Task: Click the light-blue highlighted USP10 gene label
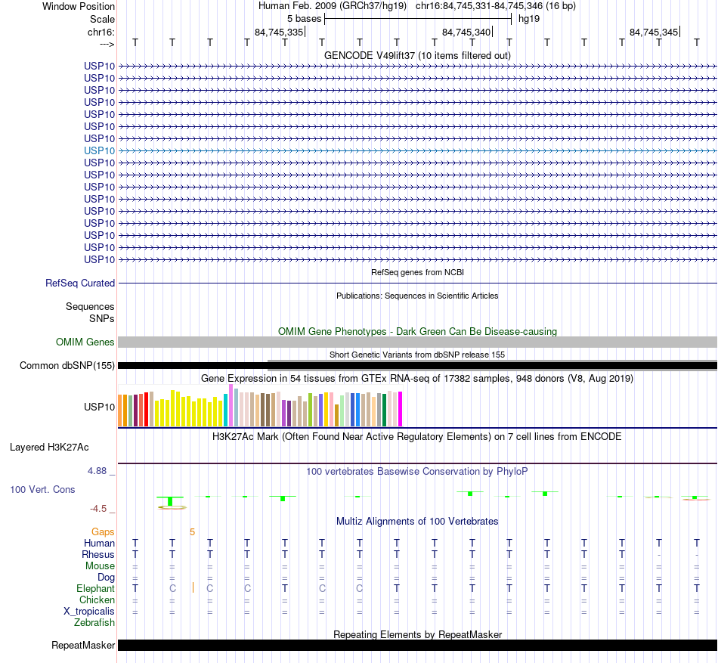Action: point(100,150)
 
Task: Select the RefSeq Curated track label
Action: point(80,283)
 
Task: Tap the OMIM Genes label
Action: point(85,342)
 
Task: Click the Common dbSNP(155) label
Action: point(67,366)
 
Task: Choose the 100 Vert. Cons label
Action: point(42,489)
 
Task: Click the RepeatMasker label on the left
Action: point(83,645)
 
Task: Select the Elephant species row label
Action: point(95,588)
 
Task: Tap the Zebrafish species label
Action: point(94,622)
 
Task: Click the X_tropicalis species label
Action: point(89,611)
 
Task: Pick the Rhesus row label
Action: point(98,554)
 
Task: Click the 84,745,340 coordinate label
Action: point(466,33)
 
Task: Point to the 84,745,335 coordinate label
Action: point(279,33)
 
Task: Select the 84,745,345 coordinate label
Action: point(654,33)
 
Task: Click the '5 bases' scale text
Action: point(304,17)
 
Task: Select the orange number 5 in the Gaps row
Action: point(192,531)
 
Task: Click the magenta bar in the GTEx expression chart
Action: point(400,409)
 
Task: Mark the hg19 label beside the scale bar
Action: point(528,17)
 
